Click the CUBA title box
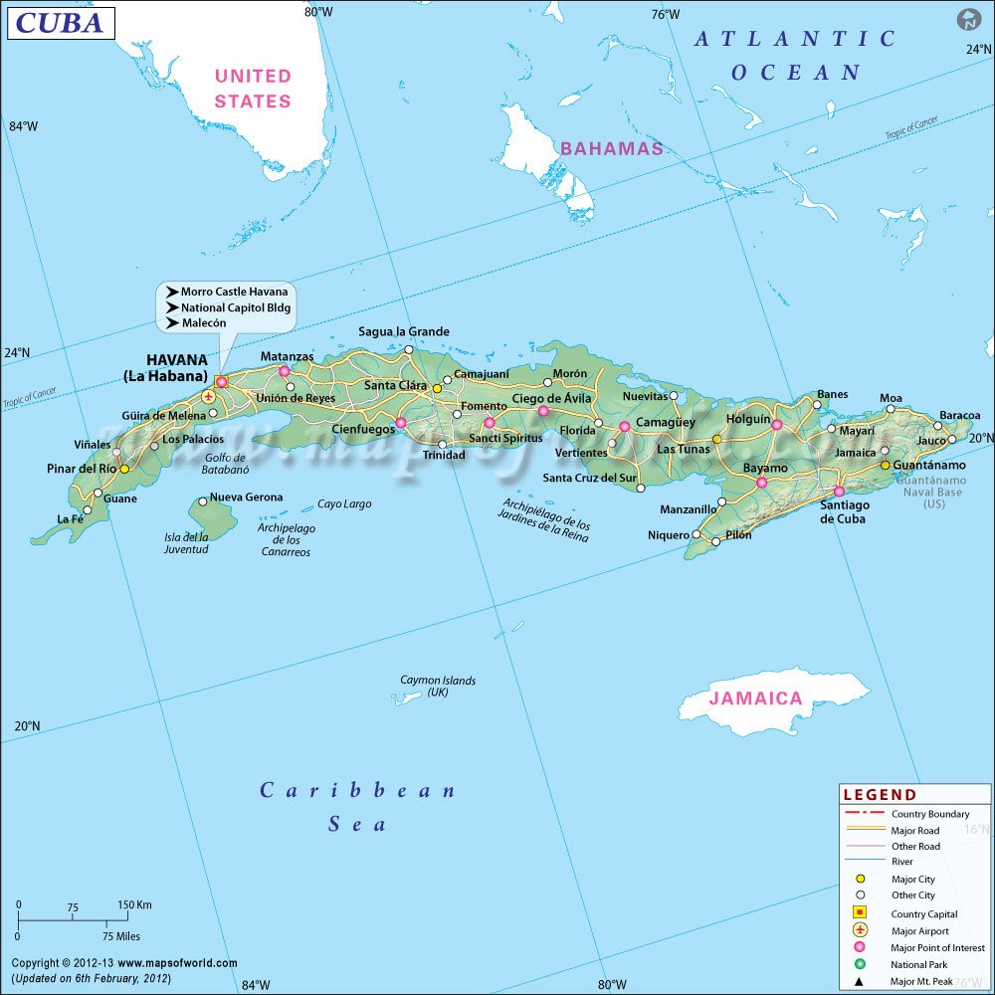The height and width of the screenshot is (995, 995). pyautogui.click(x=60, y=22)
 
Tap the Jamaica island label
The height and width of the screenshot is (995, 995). pyautogui.click(x=755, y=698)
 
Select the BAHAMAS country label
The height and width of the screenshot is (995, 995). pyautogui.click(x=611, y=148)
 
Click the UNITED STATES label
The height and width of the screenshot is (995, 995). pyautogui.click(x=253, y=89)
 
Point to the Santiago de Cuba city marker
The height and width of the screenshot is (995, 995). pyautogui.click(x=839, y=491)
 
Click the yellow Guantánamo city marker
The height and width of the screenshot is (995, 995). pyautogui.click(x=884, y=465)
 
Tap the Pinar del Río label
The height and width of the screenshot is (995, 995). pyautogui.click(x=82, y=469)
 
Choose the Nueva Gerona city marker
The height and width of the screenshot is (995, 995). pyautogui.click(x=203, y=501)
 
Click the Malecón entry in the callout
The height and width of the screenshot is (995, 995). pyautogui.click(x=203, y=323)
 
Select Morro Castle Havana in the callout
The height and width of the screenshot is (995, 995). pyautogui.click(x=234, y=292)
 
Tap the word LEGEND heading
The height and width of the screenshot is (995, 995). pyautogui.click(x=880, y=795)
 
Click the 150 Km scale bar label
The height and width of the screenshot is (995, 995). pyautogui.click(x=134, y=905)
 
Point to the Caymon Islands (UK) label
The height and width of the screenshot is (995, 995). pyautogui.click(x=438, y=686)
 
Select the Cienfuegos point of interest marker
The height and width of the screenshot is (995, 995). pyautogui.click(x=401, y=423)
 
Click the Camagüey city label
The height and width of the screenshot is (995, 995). pyautogui.click(x=666, y=422)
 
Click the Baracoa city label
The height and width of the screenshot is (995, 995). pyautogui.click(x=959, y=415)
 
